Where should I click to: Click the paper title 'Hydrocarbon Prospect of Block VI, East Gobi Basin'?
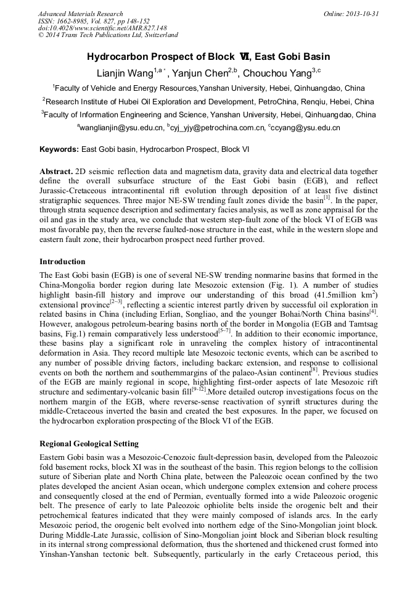click(208, 57)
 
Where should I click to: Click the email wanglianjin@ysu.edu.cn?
click(121, 128)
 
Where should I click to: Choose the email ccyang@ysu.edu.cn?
click(306, 128)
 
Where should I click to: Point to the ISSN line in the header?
click(93, 21)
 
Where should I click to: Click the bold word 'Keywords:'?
click(59, 149)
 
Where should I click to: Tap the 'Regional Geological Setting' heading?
click(89, 444)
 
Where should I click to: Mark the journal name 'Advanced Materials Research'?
click(80, 14)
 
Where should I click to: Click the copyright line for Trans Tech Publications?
click(108, 36)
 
